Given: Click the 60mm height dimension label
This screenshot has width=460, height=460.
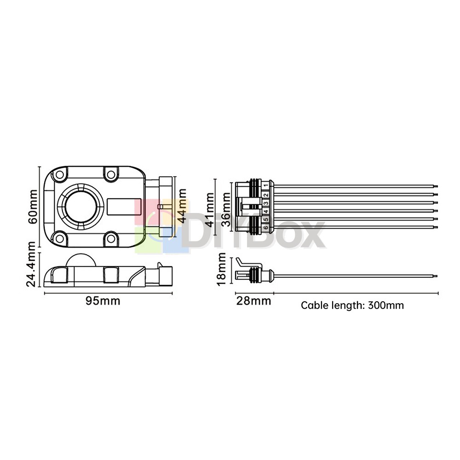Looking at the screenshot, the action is coord(33,207).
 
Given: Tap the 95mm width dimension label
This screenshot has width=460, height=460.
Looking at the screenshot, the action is coord(103,301).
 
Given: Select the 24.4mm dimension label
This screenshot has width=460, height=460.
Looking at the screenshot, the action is coord(31,264).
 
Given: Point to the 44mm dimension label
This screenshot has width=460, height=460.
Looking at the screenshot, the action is coord(182,206).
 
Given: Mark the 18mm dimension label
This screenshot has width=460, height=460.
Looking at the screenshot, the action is coord(221,269).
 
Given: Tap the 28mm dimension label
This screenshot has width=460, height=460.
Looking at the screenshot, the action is coord(254,301).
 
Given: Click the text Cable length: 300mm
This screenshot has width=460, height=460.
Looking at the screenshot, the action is coord(352,305).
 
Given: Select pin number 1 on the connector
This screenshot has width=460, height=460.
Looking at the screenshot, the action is coord(266,185).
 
